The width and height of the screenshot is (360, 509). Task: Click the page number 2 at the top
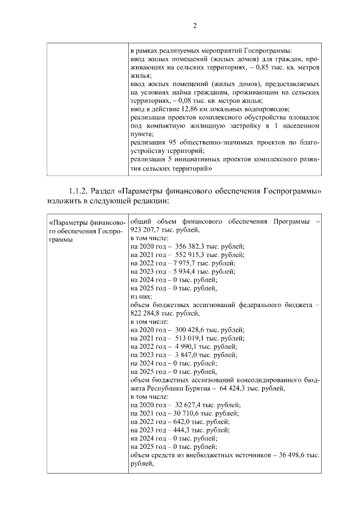pyautogui.click(x=195, y=25)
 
